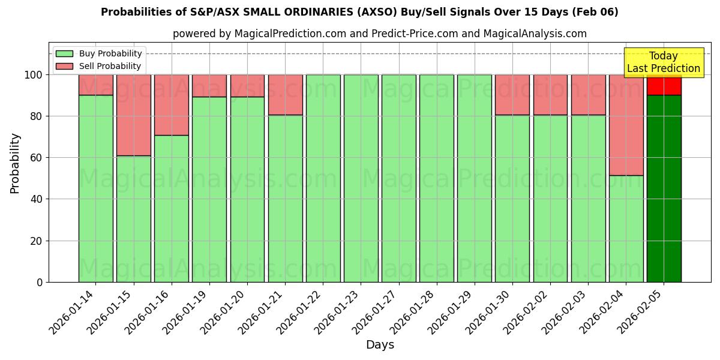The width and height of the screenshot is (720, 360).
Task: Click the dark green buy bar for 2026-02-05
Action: (664, 188)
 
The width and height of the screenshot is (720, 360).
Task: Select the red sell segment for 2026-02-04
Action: (626, 125)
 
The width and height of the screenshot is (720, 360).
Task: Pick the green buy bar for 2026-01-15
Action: (133, 219)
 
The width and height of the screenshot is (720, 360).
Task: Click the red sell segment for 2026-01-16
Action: (171, 104)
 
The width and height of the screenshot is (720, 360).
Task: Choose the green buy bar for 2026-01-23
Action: (361, 178)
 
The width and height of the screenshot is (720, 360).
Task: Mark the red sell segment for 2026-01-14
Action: (95, 85)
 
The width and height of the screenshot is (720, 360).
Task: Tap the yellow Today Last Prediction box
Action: (663, 62)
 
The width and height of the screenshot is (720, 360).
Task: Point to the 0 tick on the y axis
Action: (40, 282)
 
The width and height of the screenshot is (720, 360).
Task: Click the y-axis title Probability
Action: (15, 163)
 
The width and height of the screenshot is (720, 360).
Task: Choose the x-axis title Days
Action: (380, 345)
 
